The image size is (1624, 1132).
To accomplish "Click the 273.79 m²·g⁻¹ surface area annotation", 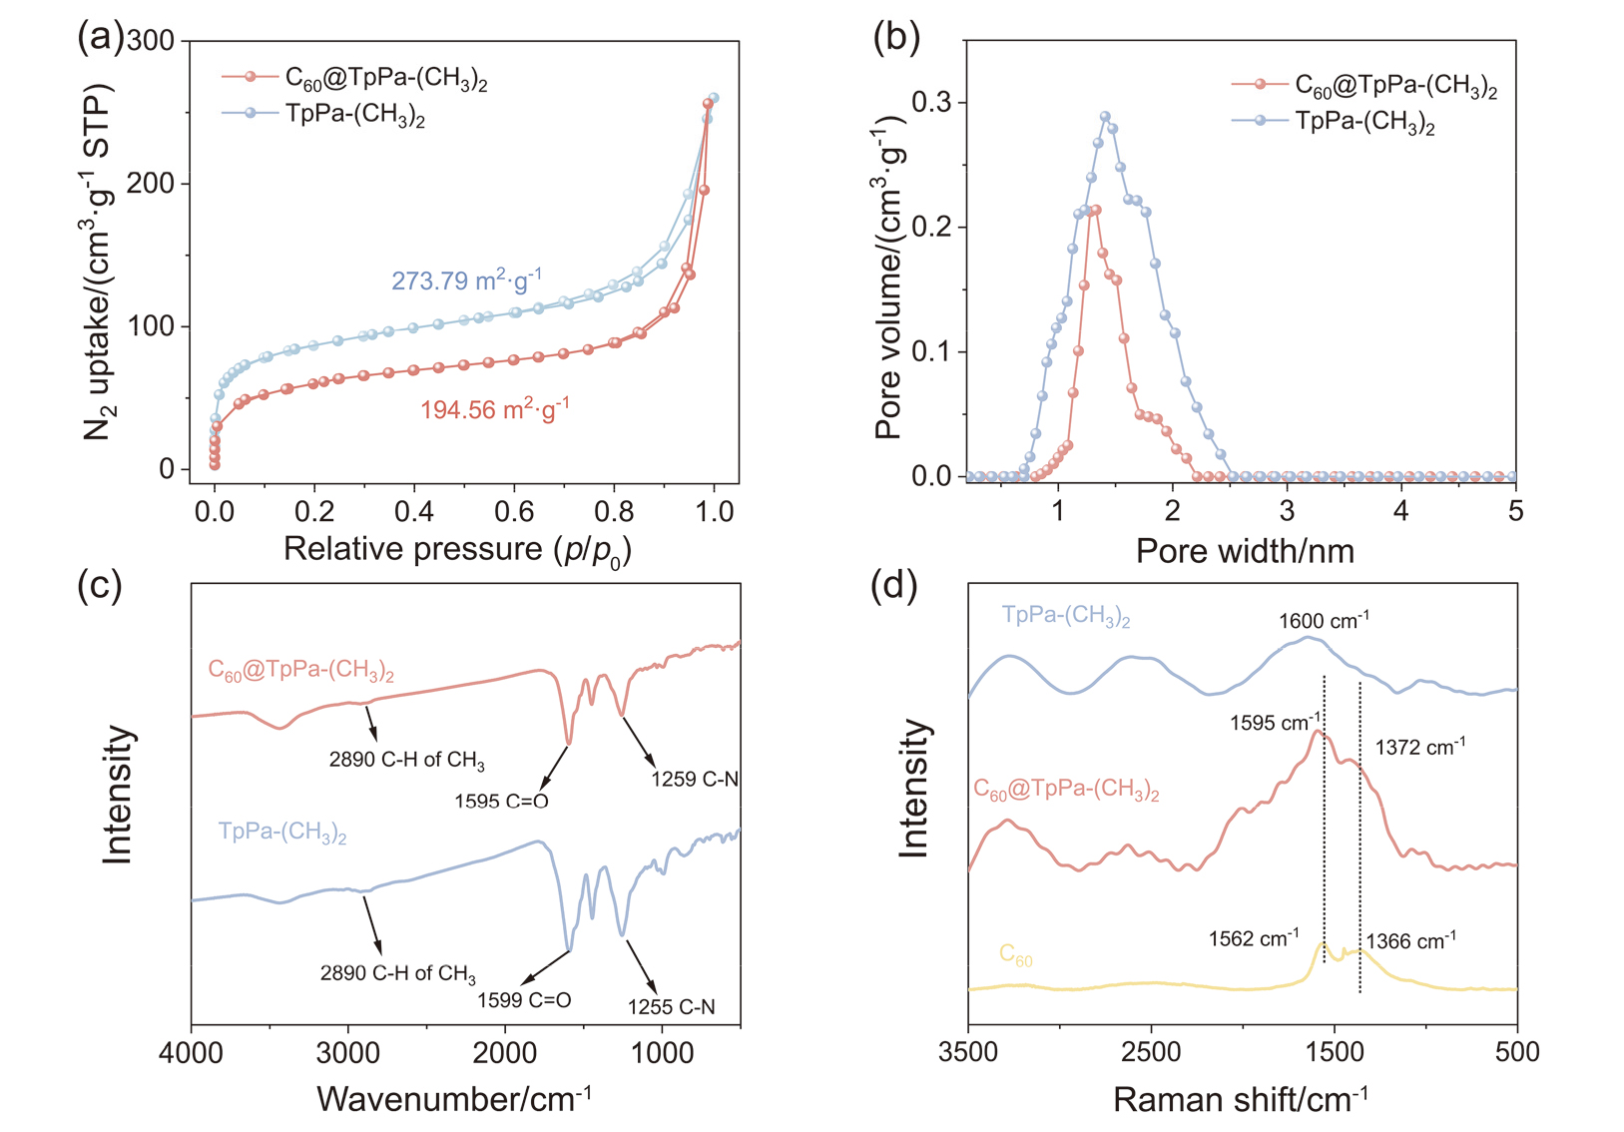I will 466,281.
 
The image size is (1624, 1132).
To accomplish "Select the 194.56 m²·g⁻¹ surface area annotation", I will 494,409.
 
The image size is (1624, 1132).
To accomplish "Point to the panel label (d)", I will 894,585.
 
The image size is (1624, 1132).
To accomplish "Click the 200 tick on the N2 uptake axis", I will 153,184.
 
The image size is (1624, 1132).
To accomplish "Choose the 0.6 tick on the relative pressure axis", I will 514,512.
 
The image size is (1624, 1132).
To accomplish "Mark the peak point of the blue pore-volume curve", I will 1105,117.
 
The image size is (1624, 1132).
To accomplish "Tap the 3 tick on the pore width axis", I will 1288,512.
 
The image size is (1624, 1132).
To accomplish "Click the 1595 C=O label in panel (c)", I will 501,801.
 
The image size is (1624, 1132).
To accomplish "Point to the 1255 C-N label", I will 671,1007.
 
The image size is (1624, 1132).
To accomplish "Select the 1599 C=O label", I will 524,999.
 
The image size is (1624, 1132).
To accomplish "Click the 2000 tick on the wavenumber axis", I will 505,1053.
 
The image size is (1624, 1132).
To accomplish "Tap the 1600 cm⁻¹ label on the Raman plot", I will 1324,621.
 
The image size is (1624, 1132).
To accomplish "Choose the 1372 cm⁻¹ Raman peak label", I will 1419,748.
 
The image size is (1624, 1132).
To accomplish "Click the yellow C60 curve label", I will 1015,955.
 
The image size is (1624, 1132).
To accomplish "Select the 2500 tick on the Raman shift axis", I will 1151,1052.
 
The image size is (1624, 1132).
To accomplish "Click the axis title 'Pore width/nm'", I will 1245,551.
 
